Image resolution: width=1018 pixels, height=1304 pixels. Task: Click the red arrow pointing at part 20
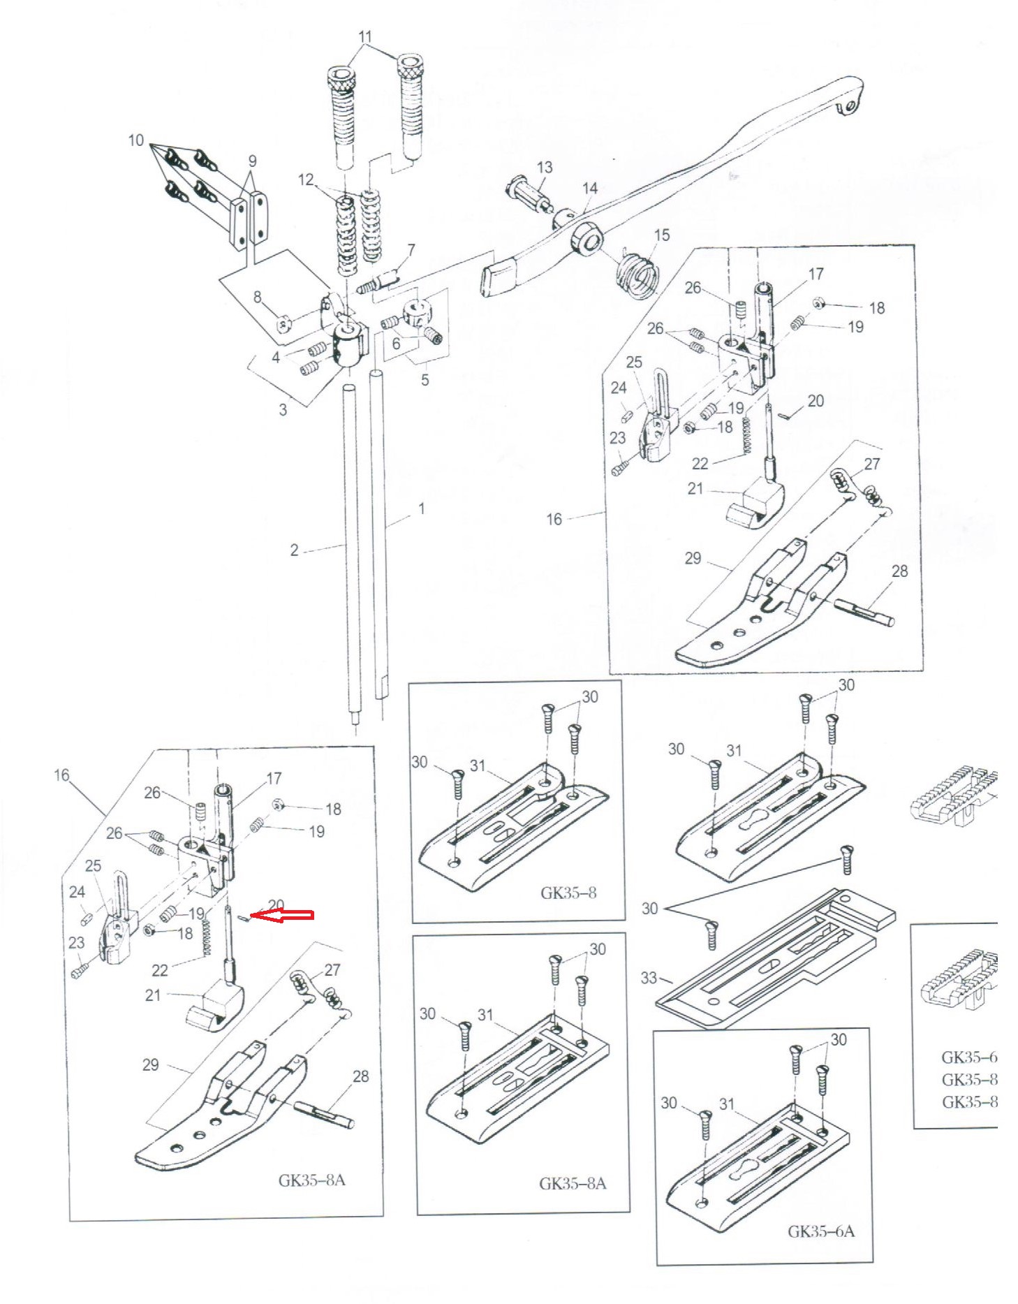click(x=283, y=916)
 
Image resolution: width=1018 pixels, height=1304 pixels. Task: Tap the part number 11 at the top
click(x=365, y=36)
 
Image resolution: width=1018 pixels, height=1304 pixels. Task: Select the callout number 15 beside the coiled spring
click(x=662, y=235)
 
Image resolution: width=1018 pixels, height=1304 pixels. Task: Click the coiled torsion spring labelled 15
click(x=637, y=275)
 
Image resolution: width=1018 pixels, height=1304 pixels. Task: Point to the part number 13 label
click(x=545, y=167)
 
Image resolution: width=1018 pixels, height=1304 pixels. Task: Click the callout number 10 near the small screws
click(x=136, y=140)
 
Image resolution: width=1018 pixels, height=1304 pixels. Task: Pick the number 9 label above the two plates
click(x=252, y=161)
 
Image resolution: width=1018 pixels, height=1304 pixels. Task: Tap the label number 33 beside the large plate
click(x=649, y=978)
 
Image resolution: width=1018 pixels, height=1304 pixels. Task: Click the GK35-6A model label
click(x=820, y=1250)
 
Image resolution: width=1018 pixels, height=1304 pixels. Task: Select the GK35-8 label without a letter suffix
click(x=568, y=893)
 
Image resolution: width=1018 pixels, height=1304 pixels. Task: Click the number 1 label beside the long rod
click(x=421, y=508)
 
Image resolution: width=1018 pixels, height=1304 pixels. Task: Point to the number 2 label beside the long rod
click(x=294, y=550)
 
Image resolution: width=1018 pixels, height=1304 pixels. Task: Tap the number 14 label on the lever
click(x=590, y=188)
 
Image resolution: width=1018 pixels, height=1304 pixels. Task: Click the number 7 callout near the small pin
click(x=411, y=249)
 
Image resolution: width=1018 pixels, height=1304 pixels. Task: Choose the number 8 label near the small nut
click(x=257, y=298)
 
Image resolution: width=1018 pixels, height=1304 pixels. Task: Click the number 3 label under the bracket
click(x=283, y=409)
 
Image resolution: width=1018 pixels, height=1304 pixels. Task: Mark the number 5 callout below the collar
click(x=425, y=381)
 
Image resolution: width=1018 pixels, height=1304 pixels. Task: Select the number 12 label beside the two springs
click(x=306, y=180)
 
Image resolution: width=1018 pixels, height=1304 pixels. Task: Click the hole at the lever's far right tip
click(x=850, y=106)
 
